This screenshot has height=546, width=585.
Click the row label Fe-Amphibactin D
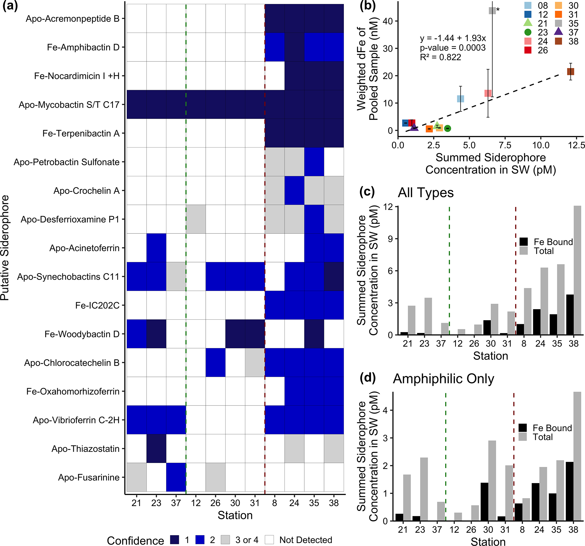[x=83, y=47]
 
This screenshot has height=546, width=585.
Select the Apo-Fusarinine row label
[x=89, y=477]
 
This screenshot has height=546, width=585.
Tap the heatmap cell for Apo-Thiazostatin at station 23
[x=156, y=449]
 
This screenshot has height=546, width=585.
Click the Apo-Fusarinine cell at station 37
[x=176, y=477]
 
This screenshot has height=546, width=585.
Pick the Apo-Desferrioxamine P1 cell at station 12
[x=196, y=219]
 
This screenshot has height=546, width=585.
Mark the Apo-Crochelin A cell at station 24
[x=294, y=191]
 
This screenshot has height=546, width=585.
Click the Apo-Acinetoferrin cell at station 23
[x=156, y=248]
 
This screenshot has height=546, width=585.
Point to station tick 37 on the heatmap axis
[x=176, y=503]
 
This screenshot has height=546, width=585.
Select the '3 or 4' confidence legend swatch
[x=225, y=540]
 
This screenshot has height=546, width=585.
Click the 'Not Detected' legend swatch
[x=269, y=540]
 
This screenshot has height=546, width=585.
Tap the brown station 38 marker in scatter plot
[x=571, y=71]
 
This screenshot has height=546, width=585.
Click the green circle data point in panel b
[x=447, y=128]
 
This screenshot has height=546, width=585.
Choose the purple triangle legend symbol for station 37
[x=558, y=31]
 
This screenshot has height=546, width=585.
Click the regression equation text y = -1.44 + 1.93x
[x=453, y=38]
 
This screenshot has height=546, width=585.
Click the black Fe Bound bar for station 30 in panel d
[x=484, y=502]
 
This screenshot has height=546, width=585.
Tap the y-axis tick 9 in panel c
[x=390, y=239]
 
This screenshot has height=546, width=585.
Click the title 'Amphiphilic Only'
[x=443, y=379]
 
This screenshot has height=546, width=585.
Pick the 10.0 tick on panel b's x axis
[x=541, y=145]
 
